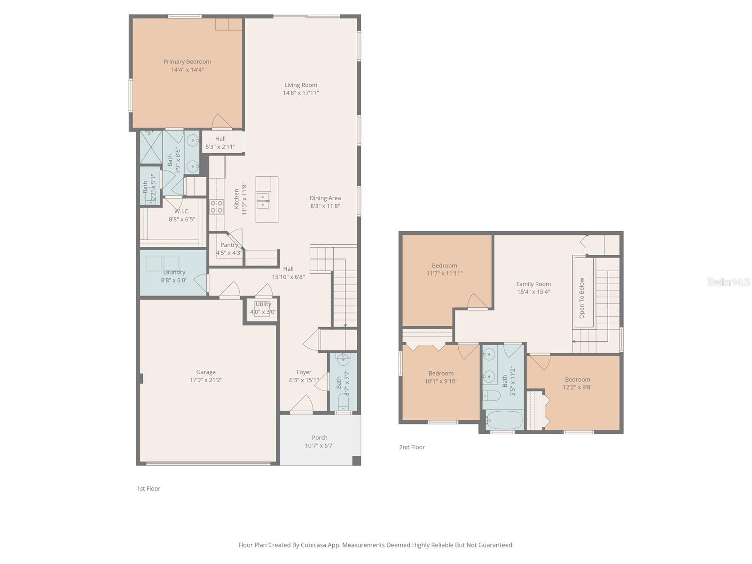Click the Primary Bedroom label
[x=187, y=62]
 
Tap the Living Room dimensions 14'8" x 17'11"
[x=301, y=93]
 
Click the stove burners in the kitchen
[x=217, y=206]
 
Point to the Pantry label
[x=229, y=245]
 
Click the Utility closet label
[x=263, y=304]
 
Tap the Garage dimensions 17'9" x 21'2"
[x=206, y=380]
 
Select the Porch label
[x=320, y=438]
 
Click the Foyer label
[x=304, y=372]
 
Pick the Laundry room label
[x=174, y=272]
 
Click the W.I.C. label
[x=182, y=211]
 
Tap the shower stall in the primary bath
[x=151, y=147]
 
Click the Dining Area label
[x=325, y=198]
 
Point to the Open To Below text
[x=582, y=298]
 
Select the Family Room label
[x=533, y=284]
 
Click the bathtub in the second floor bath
[x=504, y=420]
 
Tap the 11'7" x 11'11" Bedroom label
[x=445, y=266]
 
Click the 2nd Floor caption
[x=412, y=447]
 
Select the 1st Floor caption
[x=149, y=488]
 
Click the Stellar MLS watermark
[x=728, y=282]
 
